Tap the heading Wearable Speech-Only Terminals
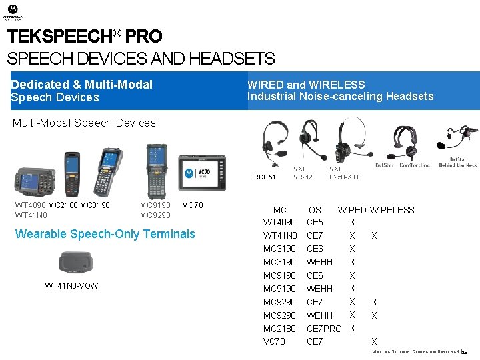(x=105, y=234)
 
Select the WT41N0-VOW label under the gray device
(x=71, y=286)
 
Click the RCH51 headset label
(x=265, y=177)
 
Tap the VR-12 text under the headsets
(x=303, y=177)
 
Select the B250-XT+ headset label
(x=344, y=177)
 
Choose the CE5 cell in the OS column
(x=315, y=222)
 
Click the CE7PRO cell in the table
(x=323, y=329)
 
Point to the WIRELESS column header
(x=392, y=210)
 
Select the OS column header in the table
(x=315, y=210)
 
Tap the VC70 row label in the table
(x=274, y=341)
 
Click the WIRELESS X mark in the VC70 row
(x=374, y=342)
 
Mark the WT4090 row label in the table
(x=279, y=222)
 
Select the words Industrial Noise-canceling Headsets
(x=340, y=97)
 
